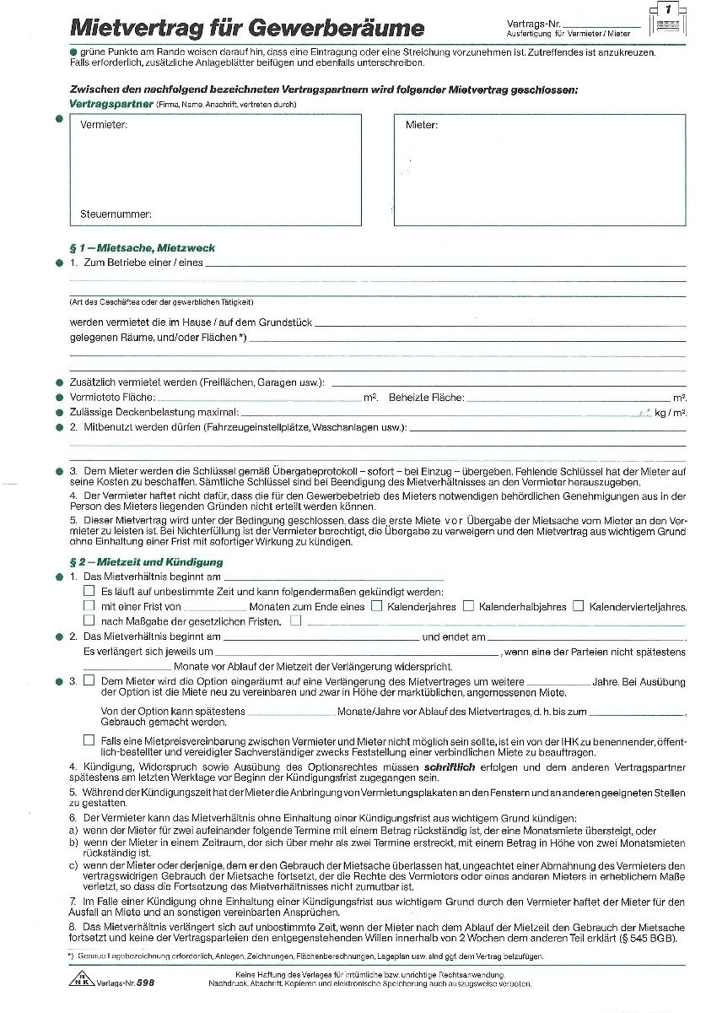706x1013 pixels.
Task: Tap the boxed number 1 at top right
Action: [668, 8]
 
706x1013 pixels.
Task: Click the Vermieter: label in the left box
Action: [104, 125]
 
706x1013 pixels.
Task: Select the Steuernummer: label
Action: [116, 214]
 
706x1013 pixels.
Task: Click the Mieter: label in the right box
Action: [421, 125]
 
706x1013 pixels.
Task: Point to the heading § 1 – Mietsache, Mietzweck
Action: [142, 248]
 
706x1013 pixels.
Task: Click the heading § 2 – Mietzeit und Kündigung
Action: [146, 561]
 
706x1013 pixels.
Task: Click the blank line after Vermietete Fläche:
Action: [259, 397]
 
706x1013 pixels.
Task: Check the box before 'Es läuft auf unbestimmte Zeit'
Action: [89, 591]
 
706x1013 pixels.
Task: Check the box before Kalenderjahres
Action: [377, 606]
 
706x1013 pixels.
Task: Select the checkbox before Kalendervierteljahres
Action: [578, 606]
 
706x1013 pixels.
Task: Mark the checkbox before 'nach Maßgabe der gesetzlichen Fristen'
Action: [89, 621]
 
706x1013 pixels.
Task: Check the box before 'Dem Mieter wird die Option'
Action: [89, 680]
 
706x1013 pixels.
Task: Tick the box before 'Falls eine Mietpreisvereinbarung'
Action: [89, 739]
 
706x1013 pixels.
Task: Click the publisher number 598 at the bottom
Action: [145, 983]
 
